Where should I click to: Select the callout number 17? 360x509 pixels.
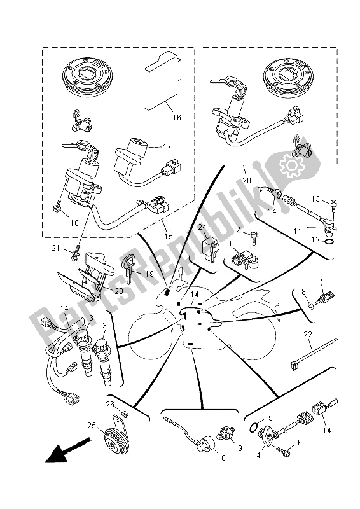click(167, 146)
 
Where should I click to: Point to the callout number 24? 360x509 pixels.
click(202, 227)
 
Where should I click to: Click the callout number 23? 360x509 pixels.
click(118, 291)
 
